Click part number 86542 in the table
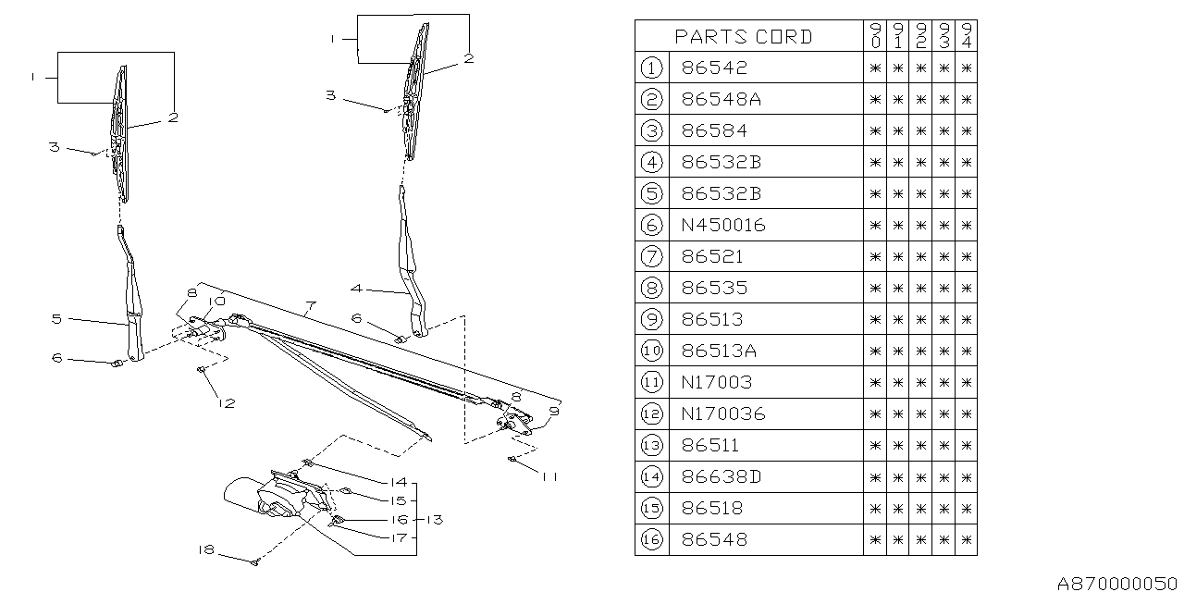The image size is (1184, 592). [713, 68]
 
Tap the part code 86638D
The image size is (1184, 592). [720, 477]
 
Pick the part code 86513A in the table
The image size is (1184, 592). [720, 351]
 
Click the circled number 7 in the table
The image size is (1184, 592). [651, 256]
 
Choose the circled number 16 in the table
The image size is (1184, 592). [651, 540]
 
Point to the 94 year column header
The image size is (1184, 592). [966, 36]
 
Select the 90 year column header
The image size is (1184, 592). [875, 36]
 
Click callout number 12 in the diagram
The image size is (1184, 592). [227, 402]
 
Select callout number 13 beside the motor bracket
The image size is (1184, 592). [435, 520]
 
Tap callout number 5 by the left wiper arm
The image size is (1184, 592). [56, 318]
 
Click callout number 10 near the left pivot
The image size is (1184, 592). [216, 302]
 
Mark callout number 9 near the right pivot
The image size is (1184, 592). [555, 411]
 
